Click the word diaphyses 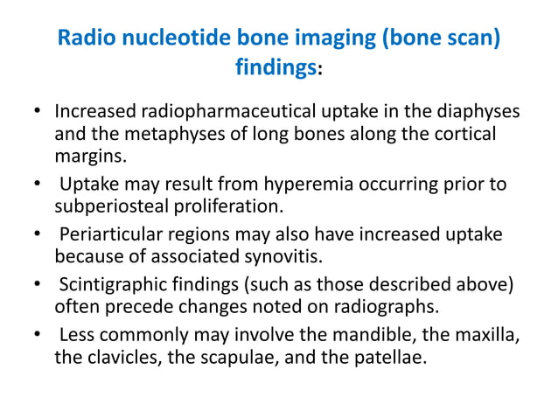[x=478, y=114]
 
